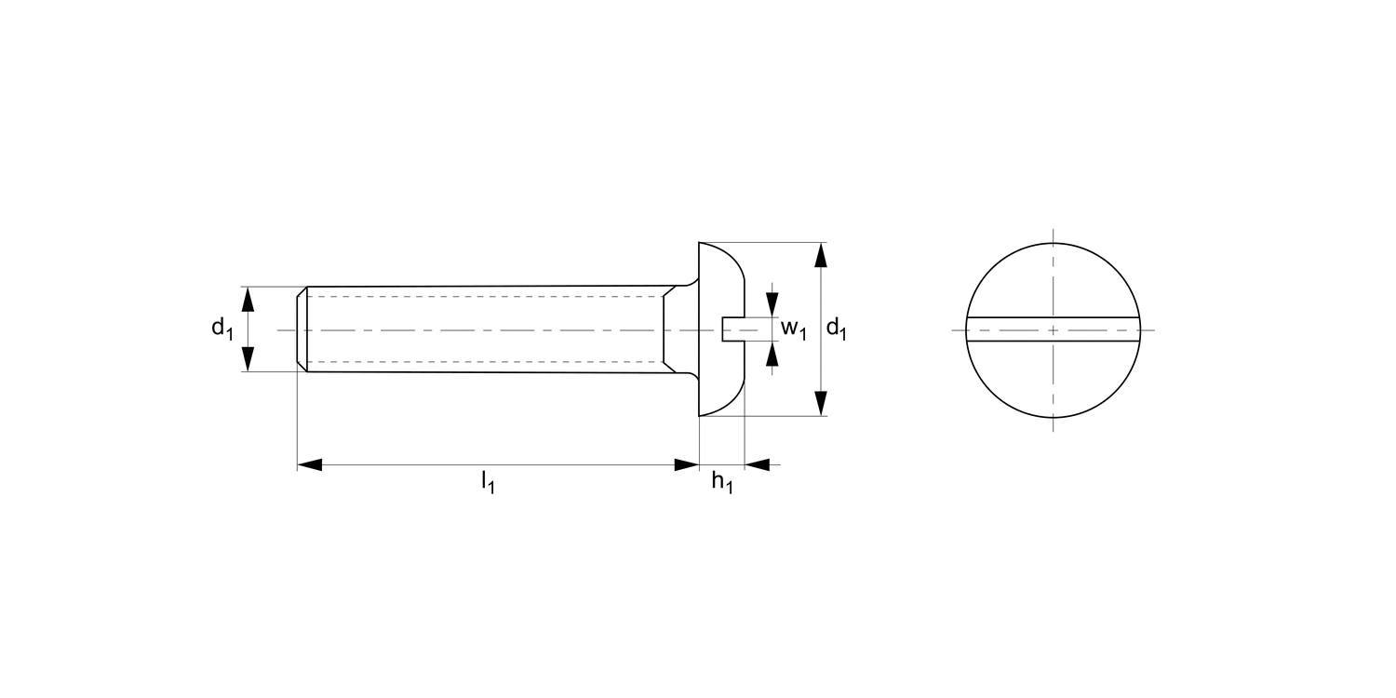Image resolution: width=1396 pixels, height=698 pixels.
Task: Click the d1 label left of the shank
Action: tap(221, 329)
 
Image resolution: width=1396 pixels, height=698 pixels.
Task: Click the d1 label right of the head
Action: tap(837, 329)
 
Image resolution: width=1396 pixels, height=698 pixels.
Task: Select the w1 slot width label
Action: tap(792, 329)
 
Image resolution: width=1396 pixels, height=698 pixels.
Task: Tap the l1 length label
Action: tap(487, 482)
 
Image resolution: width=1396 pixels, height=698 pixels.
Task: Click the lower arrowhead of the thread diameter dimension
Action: tap(248, 358)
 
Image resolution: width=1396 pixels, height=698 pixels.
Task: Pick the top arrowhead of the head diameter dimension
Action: tap(820, 255)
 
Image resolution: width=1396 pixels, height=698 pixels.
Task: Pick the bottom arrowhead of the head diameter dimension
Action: tap(820, 403)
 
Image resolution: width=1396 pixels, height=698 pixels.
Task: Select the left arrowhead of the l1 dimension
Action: tap(310, 463)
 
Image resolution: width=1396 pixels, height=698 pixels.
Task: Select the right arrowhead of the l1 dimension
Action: tap(687, 463)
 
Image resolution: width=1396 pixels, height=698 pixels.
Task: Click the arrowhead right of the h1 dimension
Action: tap(757, 463)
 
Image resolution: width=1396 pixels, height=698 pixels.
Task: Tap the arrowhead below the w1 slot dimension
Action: tap(772, 355)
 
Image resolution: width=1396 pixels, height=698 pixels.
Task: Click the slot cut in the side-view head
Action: tap(733, 329)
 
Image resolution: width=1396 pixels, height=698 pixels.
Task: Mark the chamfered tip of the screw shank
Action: tap(302, 329)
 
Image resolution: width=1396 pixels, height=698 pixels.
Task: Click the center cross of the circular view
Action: tap(1053, 329)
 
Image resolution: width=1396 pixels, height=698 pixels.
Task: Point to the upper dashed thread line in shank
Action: tap(484, 297)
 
